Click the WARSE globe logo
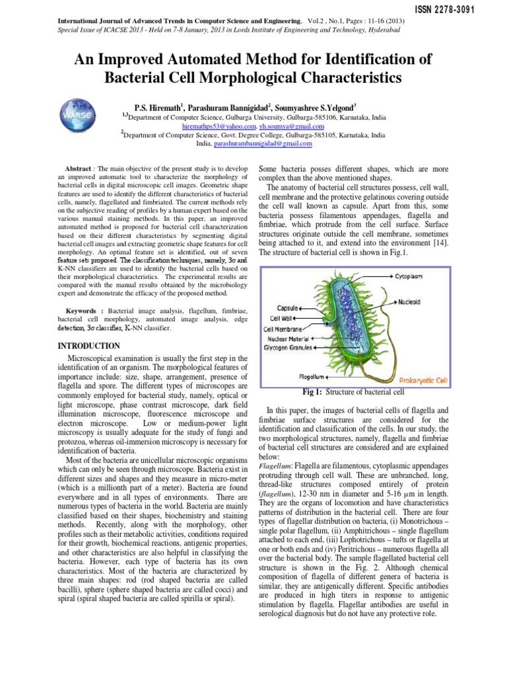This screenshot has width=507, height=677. tap(79, 118)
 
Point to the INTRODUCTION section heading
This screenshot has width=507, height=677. tap(89, 346)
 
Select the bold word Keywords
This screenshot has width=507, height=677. tap(85, 310)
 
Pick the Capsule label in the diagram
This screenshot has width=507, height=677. tap(288, 308)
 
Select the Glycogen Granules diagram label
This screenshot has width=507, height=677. tap(288, 347)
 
